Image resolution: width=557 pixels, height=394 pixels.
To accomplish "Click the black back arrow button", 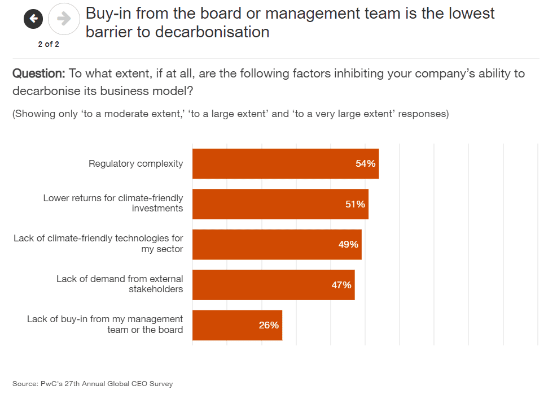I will coord(33,19).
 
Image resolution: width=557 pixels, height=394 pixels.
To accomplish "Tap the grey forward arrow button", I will coord(64,19).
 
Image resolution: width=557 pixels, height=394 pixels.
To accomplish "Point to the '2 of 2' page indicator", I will coord(49,44).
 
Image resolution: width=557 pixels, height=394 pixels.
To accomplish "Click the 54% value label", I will coord(365,163).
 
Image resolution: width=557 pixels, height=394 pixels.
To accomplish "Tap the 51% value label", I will coord(355,204).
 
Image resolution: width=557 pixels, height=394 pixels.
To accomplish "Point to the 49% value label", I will coord(348,244).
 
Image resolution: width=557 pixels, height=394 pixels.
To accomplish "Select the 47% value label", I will coord(341,285).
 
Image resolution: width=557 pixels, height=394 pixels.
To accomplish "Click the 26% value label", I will coord(269,325).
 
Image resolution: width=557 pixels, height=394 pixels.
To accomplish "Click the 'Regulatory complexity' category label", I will coord(135,163).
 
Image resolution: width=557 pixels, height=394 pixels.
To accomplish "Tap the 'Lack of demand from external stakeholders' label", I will coord(120,284).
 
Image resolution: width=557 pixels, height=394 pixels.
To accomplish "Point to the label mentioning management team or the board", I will coord(105,324).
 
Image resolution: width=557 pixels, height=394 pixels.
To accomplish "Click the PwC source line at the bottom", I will coord(93,384).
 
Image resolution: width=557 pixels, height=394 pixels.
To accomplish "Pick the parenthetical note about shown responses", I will coord(230,114).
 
